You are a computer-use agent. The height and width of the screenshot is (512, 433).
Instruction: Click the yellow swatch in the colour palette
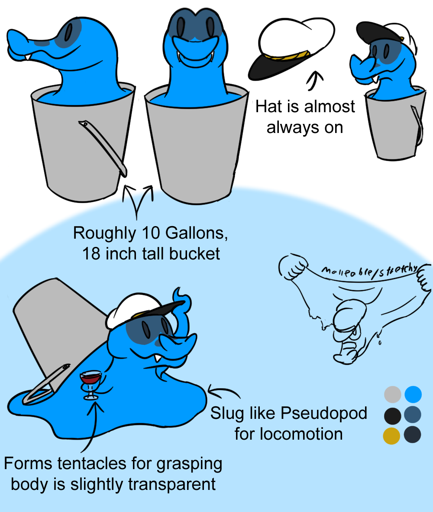(x=391, y=436)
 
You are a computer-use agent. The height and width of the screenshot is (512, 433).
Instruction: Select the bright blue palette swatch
(x=413, y=394)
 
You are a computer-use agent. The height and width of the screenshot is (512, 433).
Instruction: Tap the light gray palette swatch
(x=393, y=394)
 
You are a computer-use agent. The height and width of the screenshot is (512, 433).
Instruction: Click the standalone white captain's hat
(x=292, y=49)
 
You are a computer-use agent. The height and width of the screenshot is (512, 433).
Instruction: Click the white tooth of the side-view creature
(x=29, y=57)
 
